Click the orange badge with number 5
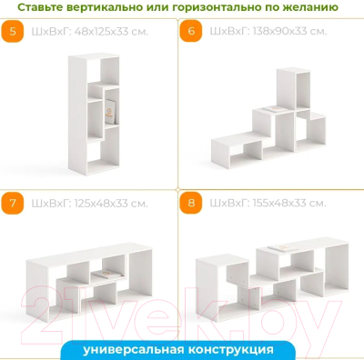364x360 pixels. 13,32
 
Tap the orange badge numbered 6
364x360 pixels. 191,32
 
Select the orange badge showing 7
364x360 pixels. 13,201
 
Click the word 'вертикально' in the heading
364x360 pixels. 116,8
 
